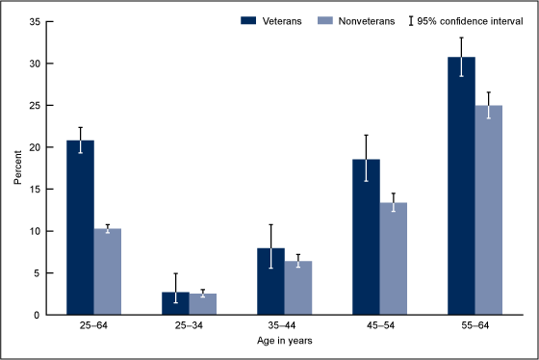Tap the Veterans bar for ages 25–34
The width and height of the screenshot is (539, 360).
[175, 303]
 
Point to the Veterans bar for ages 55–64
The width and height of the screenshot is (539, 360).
[461, 187]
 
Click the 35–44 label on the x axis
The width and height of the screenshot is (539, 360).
[284, 327]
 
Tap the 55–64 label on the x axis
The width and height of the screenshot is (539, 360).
[475, 327]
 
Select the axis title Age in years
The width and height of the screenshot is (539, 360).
[284, 342]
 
